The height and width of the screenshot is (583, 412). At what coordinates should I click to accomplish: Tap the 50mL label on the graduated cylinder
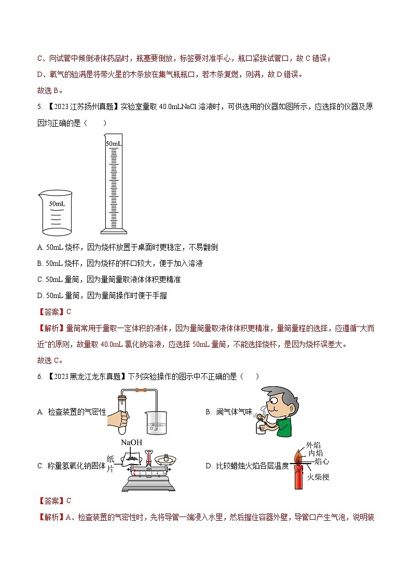[x=114, y=143]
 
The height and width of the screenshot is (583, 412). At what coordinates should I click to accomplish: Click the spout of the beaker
[x=40, y=194]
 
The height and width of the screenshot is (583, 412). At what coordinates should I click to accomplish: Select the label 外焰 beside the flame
[x=313, y=445]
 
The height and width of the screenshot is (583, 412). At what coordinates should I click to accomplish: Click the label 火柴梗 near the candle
[x=318, y=477]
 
